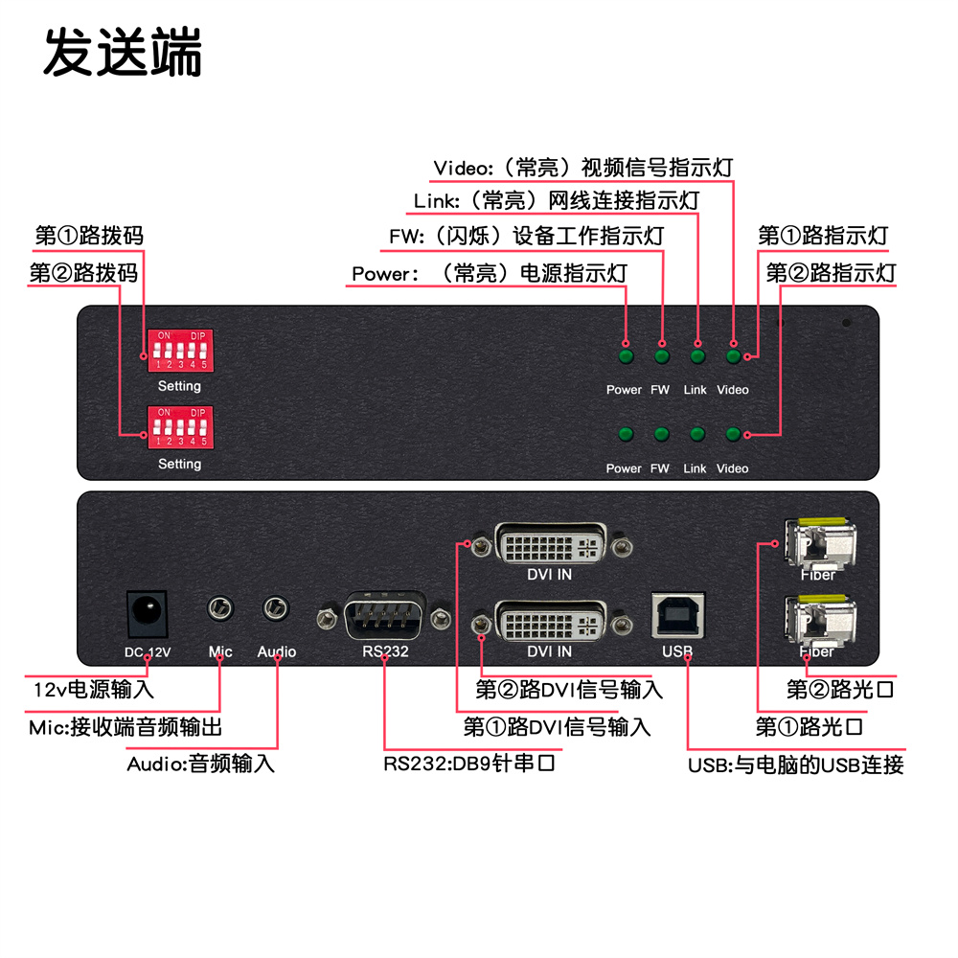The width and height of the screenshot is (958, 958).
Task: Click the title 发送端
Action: click(123, 53)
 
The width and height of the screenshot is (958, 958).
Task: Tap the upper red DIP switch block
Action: click(179, 351)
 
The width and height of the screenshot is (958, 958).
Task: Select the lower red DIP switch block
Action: click(179, 427)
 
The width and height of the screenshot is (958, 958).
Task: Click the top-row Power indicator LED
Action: click(626, 357)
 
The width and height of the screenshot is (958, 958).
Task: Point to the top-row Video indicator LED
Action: click(734, 357)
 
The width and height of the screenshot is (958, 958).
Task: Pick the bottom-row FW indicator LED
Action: click(661, 436)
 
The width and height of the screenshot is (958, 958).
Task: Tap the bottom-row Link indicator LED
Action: click(697, 436)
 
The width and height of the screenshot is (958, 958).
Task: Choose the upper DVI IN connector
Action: click(549, 547)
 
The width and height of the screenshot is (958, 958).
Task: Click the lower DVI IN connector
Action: click(549, 625)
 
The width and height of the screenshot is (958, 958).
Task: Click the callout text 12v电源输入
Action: click(93, 689)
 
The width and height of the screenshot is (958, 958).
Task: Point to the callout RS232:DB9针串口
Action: click(469, 764)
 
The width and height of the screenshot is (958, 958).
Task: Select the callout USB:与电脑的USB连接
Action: click(795, 764)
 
